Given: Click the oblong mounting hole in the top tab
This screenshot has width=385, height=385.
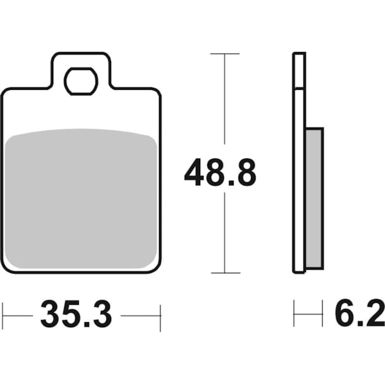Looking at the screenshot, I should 81,81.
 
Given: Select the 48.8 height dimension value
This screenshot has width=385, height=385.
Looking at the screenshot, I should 220,173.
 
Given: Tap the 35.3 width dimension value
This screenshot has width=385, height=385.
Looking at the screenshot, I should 76,314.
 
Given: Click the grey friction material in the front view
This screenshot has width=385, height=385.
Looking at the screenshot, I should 81,199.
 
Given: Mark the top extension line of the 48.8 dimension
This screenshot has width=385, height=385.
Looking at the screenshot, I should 225,54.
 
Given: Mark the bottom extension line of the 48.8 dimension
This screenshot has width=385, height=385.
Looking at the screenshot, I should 225,273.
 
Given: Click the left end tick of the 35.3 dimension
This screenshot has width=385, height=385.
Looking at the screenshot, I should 3,314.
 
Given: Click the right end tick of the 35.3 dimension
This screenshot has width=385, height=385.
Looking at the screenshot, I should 160,314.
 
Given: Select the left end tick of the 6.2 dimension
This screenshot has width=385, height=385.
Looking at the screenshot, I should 295,314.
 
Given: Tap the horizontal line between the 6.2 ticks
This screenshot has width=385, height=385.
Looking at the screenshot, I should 309,314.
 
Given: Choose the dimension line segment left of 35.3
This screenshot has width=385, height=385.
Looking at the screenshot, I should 18,315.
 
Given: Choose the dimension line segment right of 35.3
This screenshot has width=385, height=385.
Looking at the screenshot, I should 140,315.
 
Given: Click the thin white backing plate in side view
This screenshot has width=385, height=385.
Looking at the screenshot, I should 298,167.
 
